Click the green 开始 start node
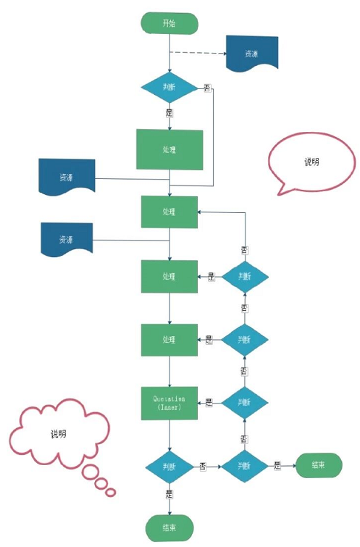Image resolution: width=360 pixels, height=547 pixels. (x=169, y=23)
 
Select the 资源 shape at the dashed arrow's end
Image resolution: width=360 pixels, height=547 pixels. (x=251, y=54)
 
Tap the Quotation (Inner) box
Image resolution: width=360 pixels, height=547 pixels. (x=169, y=402)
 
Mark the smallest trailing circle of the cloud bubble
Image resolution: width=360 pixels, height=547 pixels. (x=111, y=493)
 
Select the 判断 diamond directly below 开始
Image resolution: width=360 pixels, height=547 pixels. (x=169, y=88)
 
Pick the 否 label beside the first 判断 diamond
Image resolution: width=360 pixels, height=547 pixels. (x=206, y=88)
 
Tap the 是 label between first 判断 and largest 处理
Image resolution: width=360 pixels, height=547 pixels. (x=169, y=114)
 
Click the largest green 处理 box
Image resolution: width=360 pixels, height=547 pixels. (x=169, y=149)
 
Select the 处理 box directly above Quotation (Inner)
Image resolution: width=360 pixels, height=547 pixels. (x=169, y=339)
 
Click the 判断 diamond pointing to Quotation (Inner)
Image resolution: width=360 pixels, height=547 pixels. (x=244, y=402)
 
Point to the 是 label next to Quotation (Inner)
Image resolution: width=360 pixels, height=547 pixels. (x=209, y=402)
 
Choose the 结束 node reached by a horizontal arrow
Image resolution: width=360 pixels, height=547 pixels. (x=317, y=465)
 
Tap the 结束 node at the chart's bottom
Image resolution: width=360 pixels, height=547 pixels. (x=169, y=527)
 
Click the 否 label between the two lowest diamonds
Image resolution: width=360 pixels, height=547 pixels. (x=203, y=466)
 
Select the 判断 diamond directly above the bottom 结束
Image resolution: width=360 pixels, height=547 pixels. (x=169, y=466)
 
